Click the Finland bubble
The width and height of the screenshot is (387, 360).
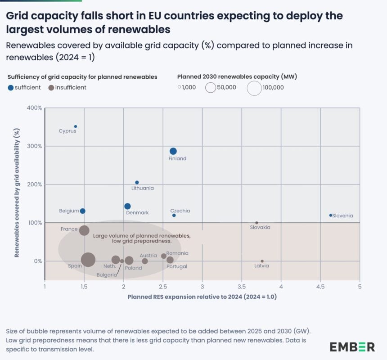(x=173, y=151)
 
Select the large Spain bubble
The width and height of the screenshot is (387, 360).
(x=88, y=259)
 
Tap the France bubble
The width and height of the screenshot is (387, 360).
(x=84, y=230)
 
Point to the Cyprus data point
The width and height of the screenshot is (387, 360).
(x=76, y=126)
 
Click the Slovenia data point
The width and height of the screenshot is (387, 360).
(x=330, y=215)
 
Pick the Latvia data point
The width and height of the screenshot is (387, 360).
(x=262, y=261)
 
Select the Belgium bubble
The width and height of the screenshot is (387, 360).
(x=82, y=211)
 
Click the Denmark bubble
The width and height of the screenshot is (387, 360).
(x=127, y=206)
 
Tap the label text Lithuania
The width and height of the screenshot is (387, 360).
(x=142, y=188)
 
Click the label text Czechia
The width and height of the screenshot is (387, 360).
(x=180, y=211)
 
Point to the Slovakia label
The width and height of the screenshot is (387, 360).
(x=260, y=228)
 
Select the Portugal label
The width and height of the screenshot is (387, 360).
(x=177, y=266)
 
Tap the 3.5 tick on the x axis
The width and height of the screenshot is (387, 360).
(x=242, y=286)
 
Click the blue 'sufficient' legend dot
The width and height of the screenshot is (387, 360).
(x=11, y=87)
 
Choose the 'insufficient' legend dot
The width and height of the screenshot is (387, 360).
(x=51, y=87)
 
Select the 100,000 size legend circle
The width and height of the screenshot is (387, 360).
(x=254, y=88)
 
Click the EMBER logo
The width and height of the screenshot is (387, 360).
(x=352, y=346)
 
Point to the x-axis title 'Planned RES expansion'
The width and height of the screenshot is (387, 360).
(x=202, y=297)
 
